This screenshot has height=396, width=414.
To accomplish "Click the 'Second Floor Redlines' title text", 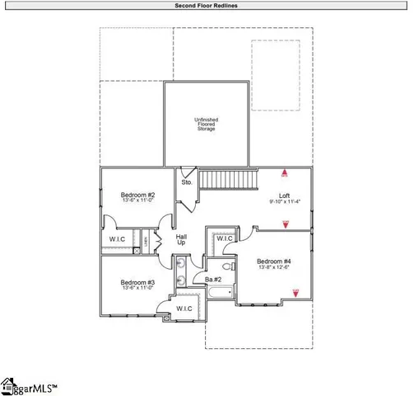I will (x=207, y=5).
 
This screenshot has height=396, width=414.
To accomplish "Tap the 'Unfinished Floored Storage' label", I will (x=206, y=124).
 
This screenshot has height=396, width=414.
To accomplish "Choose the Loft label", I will (x=285, y=196).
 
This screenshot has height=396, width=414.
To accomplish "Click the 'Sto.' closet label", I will (x=188, y=182).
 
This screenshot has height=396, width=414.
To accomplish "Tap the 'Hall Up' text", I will (x=181, y=239).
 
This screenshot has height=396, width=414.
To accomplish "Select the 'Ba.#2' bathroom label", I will (x=212, y=279).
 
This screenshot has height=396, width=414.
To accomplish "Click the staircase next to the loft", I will (x=230, y=178).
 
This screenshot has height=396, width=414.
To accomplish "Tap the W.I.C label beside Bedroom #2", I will (x=117, y=239).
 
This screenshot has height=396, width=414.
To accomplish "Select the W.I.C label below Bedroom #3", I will (x=184, y=309).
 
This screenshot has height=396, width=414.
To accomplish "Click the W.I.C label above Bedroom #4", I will (x=225, y=239).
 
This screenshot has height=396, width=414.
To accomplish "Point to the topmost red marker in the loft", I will (x=285, y=174).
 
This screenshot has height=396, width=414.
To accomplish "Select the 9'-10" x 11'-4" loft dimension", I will (x=285, y=202).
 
